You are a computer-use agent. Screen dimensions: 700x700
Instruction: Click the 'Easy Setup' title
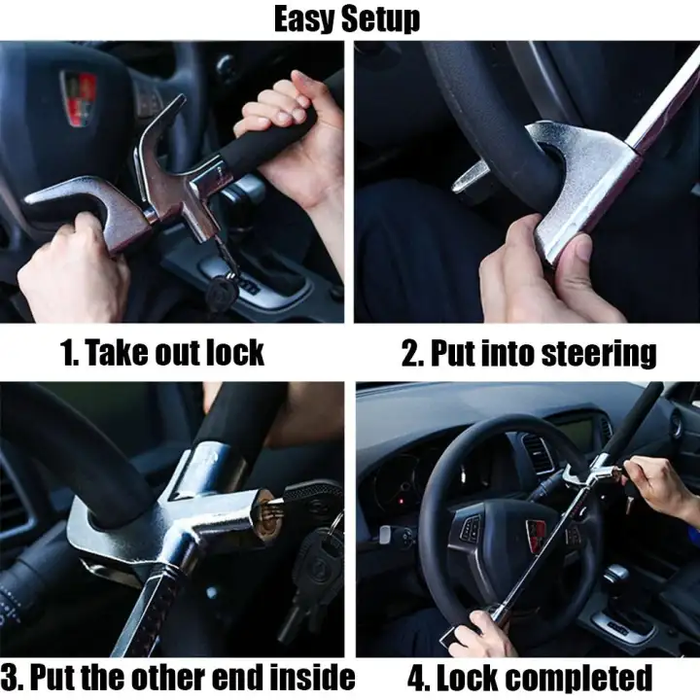pyautogui.click(x=347, y=18)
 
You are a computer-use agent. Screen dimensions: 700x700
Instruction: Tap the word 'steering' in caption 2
pyautogui.click(x=598, y=354)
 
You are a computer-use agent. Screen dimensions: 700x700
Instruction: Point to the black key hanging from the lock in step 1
pyautogui.click(x=222, y=291)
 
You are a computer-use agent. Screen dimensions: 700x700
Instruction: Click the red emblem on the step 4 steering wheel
pyautogui.click(x=536, y=537)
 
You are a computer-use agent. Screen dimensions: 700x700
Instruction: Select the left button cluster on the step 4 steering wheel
pyautogui.click(x=470, y=529)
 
